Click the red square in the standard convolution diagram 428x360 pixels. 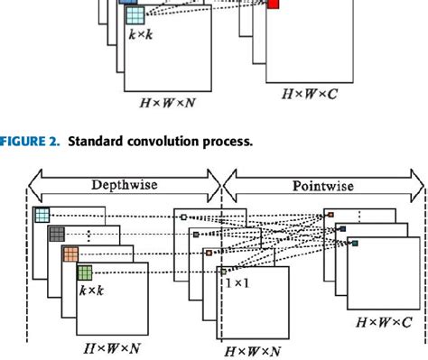pyautogui.click(x=274, y=5)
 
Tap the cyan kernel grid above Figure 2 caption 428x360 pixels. pyautogui.click(x=135, y=14)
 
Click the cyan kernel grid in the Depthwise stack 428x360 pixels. pyautogui.click(x=42, y=215)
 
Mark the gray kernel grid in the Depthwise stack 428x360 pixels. pyautogui.click(x=57, y=234)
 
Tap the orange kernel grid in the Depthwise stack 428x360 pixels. pyautogui.click(x=70, y=254)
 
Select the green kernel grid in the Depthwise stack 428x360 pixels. pyautogui.click(x=84, y=272)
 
